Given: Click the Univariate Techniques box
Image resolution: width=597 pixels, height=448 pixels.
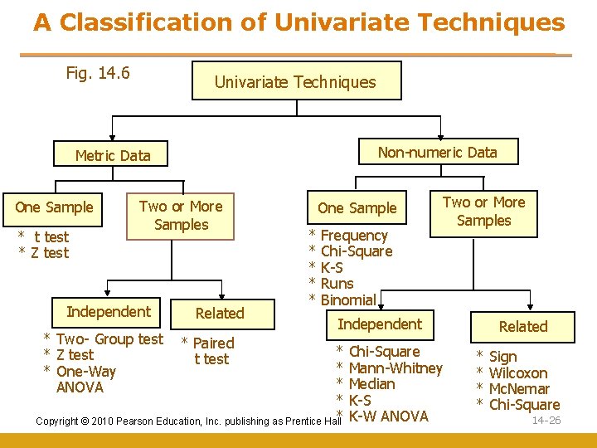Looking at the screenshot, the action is coord(295,81).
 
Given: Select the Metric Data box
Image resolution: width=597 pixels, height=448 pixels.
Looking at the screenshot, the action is coord(113,155).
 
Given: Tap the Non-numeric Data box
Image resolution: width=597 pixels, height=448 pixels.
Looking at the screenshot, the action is coord(437,152).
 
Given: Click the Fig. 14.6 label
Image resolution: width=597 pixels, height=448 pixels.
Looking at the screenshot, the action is coord(98,73).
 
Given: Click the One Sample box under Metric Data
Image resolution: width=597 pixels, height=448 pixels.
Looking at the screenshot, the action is coord(55,207).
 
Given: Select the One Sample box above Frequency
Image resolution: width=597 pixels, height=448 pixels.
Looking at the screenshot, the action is coord(357,208).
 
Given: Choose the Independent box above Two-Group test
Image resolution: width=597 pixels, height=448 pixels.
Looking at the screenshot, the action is coord(109,312).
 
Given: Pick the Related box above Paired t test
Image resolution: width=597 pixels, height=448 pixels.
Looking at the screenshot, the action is coord(220,313).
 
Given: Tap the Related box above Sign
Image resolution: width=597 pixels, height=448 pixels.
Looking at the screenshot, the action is coord(523,327).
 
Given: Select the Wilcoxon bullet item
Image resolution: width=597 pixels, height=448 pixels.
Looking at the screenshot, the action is coord(518,373).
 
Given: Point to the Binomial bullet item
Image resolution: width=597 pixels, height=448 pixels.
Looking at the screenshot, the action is coord(347,299).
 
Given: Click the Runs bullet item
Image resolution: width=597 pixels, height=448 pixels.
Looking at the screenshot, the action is coord(337,284).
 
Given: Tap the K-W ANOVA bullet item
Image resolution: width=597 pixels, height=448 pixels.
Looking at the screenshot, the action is coord(388,416).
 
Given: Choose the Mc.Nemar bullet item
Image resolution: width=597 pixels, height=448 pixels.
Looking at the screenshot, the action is coord(519,389).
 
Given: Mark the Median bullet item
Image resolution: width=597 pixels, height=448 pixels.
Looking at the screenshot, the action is coord(371,384).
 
